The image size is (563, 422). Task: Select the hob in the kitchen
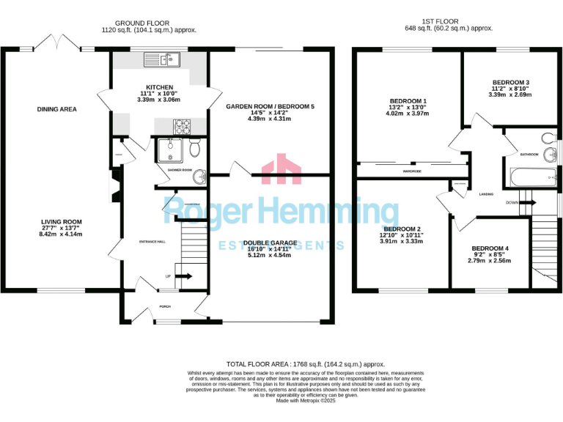click(x=179, y=126)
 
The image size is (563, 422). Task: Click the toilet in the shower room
click(x=194, y=149)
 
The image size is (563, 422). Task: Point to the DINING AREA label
click(x=56, y=109)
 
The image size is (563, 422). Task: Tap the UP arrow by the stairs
click(x=183, y=276)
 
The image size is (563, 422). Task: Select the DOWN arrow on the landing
click(x=526, y=202)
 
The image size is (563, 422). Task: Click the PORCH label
click(x=166, y=307)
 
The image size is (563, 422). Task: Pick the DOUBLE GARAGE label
click(x=271, y=243)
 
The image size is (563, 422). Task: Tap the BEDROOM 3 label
click(x=510, y=82)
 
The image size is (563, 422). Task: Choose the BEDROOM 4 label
click(x=489, y=248)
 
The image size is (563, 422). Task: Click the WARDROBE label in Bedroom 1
click(x=412, y=171)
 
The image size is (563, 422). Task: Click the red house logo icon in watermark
click(x=281, y=169)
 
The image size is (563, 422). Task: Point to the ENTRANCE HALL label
click(x=152, y=241)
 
